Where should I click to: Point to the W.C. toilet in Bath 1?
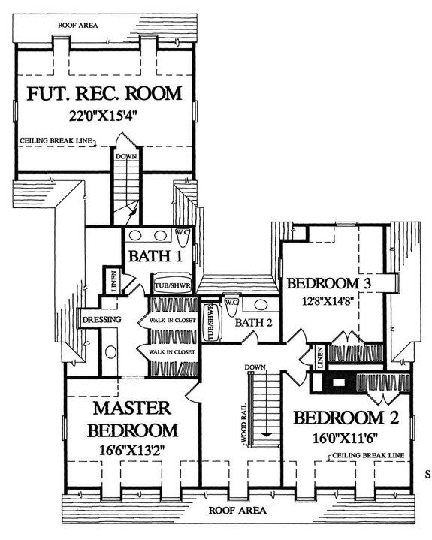(183, 237)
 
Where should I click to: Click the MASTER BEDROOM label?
(133, 420)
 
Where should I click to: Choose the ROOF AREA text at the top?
(77, 24)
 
